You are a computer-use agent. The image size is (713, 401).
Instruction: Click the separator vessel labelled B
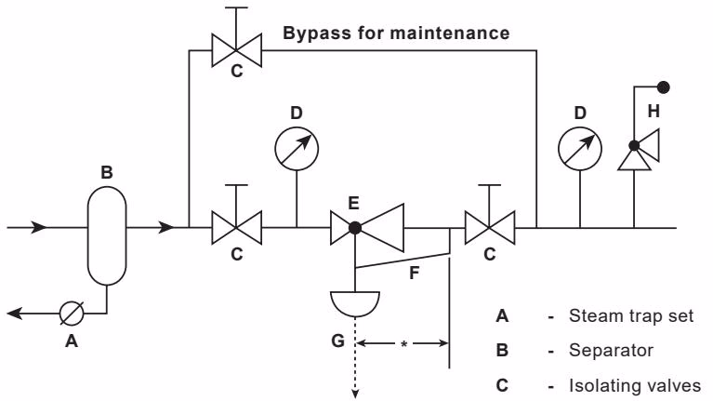107,235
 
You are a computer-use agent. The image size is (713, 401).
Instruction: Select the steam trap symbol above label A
72,314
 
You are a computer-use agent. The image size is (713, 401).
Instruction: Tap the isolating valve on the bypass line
236,50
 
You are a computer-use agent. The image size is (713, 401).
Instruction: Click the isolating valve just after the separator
236,227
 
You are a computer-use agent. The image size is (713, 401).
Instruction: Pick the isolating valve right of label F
490,227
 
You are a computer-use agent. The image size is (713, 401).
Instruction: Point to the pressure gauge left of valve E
297,149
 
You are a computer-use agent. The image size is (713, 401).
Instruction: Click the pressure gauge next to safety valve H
580,149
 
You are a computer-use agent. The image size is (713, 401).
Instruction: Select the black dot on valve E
355,228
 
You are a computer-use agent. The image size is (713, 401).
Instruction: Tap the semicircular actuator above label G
355,303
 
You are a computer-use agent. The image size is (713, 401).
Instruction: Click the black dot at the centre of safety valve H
634,146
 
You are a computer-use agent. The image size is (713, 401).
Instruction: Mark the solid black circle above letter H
664,87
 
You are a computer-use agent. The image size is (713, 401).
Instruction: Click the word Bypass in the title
316,33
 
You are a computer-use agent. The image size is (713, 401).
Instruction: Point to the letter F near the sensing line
414,273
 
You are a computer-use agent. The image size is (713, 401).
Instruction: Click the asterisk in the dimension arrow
403,344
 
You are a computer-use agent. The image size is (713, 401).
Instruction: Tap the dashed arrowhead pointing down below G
355,394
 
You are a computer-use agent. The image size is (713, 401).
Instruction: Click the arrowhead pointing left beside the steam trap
14,314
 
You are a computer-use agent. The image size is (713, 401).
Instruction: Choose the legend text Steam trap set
631,316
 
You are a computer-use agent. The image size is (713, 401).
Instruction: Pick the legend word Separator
611,351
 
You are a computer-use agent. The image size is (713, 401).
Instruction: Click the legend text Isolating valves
635,385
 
